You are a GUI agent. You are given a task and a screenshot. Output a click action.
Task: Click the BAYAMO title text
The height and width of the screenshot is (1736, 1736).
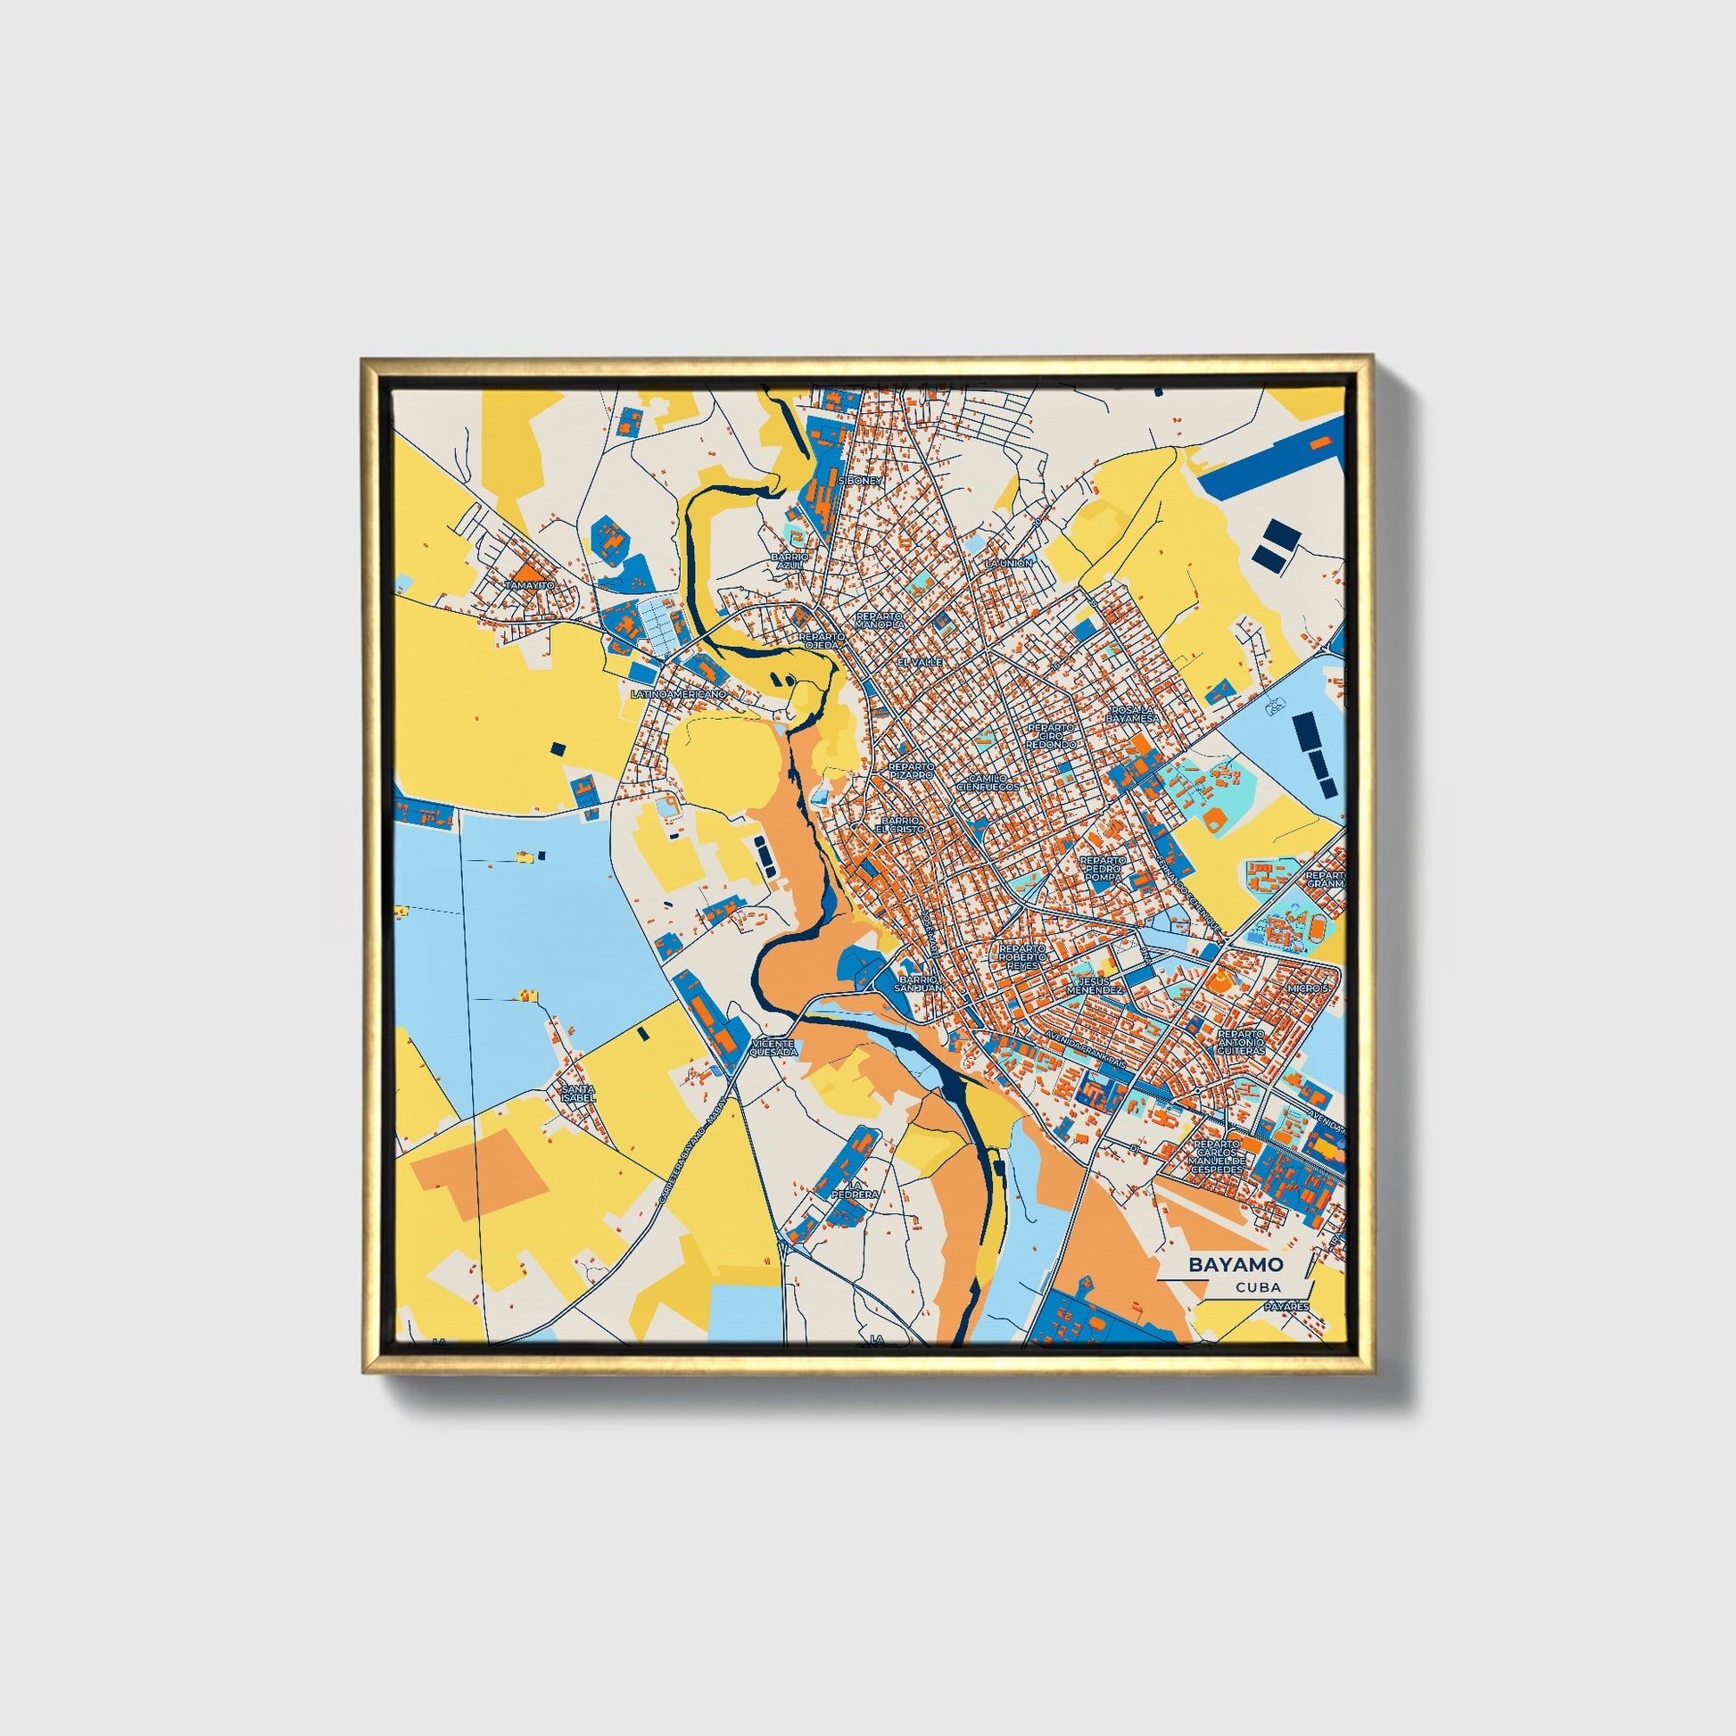pyautogui.click(x=1236, y=1264)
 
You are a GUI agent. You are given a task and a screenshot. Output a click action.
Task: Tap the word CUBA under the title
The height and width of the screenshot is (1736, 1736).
pyautogui.click(x=1258, y=1287)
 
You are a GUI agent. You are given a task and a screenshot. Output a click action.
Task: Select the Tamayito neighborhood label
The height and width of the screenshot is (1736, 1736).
pyautogui.click(x=529, y=584)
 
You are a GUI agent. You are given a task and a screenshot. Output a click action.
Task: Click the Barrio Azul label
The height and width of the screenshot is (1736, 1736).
pyautogui.click(x=789, y=561)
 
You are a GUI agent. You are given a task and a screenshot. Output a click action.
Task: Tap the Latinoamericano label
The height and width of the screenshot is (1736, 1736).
pyautogui.click(x=677, y=695)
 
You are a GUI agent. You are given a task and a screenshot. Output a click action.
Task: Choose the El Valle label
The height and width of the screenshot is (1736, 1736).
pyautogui.click(x=920, y=661)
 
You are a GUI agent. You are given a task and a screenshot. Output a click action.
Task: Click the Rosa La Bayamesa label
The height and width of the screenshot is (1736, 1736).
pyautogui.click(x=1133, y=715)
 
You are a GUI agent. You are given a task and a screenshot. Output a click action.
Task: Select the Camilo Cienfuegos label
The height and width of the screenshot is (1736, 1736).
pyautogui.click(x=988, y=781)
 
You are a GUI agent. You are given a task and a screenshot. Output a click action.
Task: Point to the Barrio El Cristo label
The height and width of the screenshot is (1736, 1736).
pyautogui.click(x=900, y=824)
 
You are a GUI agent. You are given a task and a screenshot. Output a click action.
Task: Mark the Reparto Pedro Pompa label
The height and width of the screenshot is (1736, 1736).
pyautogui.click(x=1104, y=868)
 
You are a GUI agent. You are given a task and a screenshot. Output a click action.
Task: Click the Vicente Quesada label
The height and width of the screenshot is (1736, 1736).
pyautogui.click(x=773, y=1048)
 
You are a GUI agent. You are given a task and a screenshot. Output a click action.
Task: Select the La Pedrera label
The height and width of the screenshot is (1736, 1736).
pyautogui.click(x=852, y=1190)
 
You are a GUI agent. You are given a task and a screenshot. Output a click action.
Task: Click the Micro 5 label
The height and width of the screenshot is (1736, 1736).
pyautogui.click(x=1308, y=988)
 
